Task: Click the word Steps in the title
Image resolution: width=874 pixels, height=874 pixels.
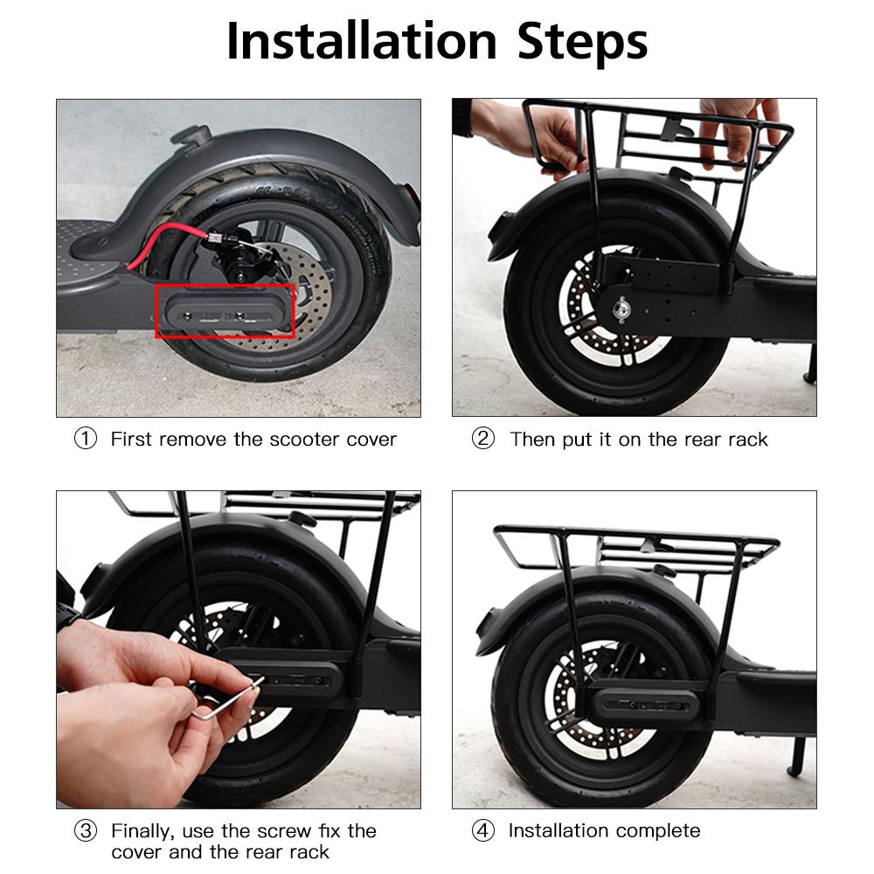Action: pos(582,41)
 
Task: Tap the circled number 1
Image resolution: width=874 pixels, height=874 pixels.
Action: pos(85,439)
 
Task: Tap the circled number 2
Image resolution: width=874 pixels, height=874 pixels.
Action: pos(482,439)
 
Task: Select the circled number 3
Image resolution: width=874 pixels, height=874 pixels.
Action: pos(85,830)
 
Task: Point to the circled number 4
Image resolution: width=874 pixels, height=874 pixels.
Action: pos(482,830)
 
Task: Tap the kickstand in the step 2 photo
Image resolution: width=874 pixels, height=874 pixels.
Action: pos(808,363)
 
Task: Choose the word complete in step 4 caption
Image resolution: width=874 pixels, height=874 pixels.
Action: pos(657,830)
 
